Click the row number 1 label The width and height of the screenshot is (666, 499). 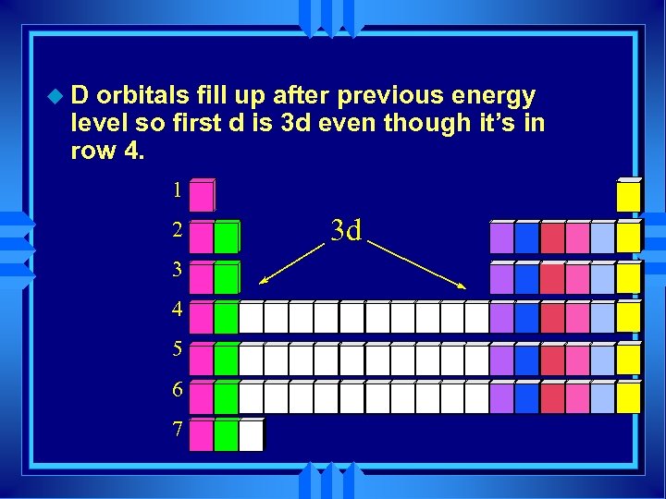pyautogui.click(x=177, y=191)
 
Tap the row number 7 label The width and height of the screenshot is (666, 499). pyautogui.click(x=177, y=430)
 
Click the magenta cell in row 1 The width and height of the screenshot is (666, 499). pyautogui.click(x=201, y=196)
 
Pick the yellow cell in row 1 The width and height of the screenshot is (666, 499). pyautogui.click(x=629, y=196)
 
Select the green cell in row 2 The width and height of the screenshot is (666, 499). pyautogui.click(x=226, y=237)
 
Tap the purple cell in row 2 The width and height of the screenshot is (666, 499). pyautogui.click(x=501, y=237)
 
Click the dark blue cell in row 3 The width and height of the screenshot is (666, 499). pyautogui.click(x=526, y=276)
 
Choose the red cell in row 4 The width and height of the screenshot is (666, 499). pyautogui.click(x=552, y=317)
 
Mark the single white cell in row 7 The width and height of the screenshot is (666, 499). pyautogui.click(x=251, y=435)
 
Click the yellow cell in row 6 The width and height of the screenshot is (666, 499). pyautogui.click(x=629, y=396)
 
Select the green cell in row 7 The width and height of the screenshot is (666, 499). pyautogui.click(x=226, y=435)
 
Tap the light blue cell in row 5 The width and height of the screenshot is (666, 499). pyautogui.click(x=602, y=358)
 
